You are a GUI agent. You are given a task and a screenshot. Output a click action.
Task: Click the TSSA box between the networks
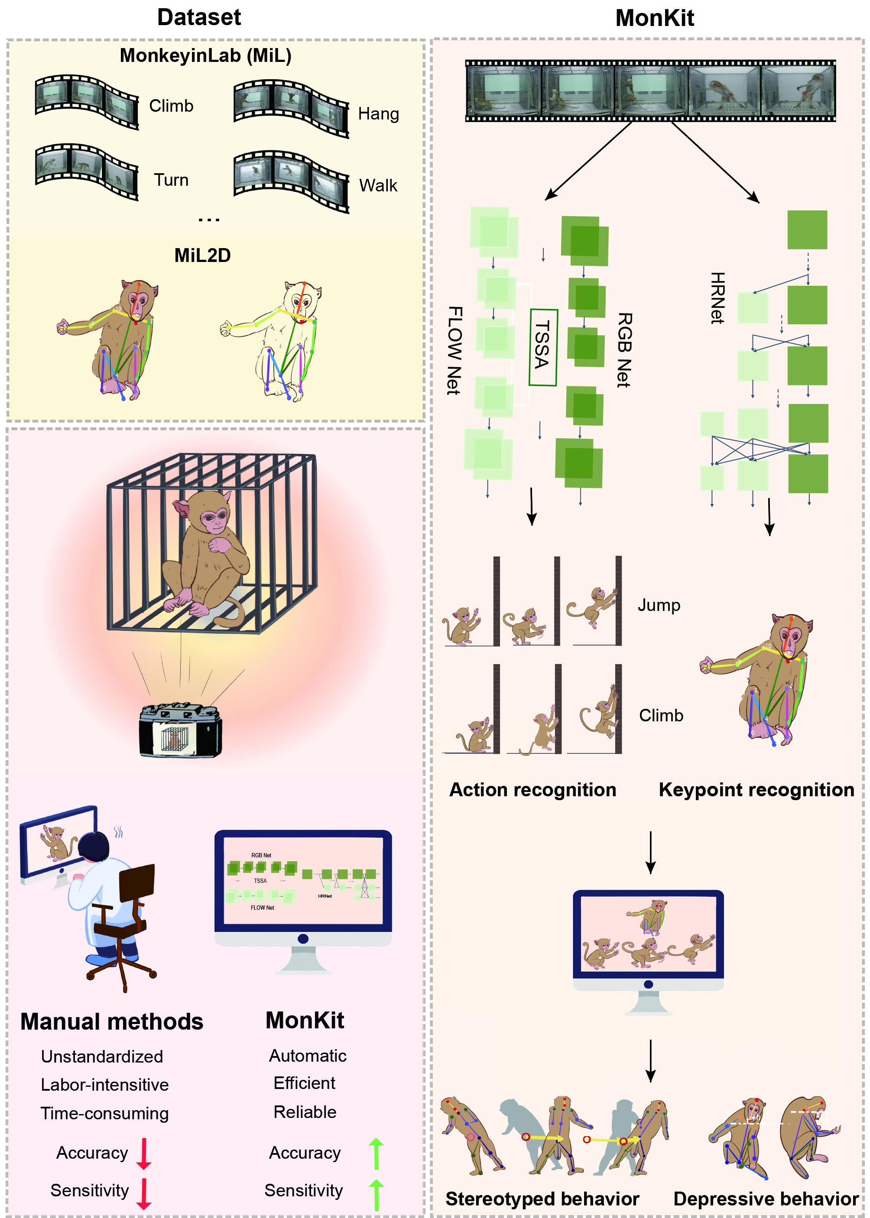point(543,347)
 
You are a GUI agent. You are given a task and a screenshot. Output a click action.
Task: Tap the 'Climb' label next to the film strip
point(171,106)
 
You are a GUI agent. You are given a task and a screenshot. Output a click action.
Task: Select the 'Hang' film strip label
point(378,114)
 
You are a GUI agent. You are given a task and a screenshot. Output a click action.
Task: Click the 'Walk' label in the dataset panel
point(378,186)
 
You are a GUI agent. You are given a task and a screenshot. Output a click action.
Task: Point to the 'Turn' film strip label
point(171,180)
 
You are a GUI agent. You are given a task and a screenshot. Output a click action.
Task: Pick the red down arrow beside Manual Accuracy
point(143,1154)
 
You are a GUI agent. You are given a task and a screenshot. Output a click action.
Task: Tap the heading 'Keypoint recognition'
point(756,790)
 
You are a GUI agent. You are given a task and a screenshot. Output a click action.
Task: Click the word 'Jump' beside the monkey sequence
point(659,605)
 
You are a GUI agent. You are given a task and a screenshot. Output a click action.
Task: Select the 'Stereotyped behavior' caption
point(542,1199)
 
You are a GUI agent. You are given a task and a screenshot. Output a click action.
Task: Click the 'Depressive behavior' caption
point(766,1199)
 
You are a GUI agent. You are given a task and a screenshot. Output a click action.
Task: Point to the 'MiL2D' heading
point(202,255)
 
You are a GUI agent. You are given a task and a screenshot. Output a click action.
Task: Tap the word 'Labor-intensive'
point(104,1085)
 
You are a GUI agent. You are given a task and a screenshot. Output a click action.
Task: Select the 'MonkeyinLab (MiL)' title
point(205,56)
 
